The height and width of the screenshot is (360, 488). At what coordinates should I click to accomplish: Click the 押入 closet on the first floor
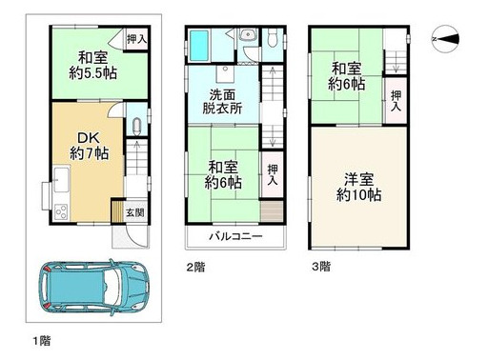136,39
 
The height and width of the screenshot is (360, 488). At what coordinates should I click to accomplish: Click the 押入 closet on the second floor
274,173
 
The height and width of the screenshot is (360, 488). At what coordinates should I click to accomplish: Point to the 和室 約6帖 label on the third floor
348,76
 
